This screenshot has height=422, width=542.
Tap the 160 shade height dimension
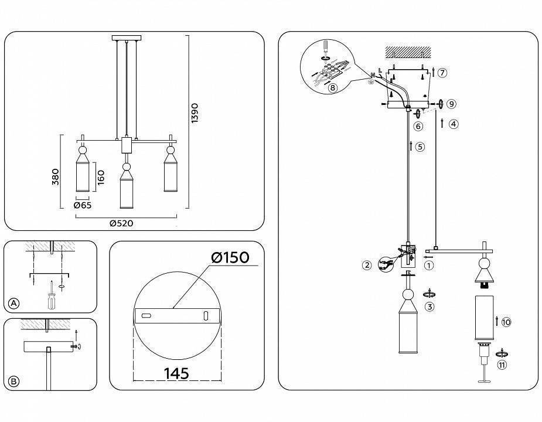click(x=101, y=176)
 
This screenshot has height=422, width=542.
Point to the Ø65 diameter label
click(x=82, y=205)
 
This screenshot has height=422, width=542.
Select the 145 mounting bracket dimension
click(x=176, y=373)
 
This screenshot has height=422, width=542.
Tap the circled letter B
click(x=14, y=382)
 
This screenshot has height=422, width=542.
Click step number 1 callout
click(x=429, y=265)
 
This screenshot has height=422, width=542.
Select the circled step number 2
click(x=367, y=266)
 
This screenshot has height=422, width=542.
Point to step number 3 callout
click(x=429, y=307)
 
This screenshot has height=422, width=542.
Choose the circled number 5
click(x=420, y=147)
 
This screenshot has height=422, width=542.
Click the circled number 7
click(x=442, y=73)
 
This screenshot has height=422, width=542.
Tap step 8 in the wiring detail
click(x=332, y=88)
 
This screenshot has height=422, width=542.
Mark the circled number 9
click(x=451, y=104)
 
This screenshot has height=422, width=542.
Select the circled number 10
click(x=506, y=322)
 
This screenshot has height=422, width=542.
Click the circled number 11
click(x=502, y=365)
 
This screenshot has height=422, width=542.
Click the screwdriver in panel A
click(x=52, y=297)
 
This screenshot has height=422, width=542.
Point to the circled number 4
click(x=454, y=124)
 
